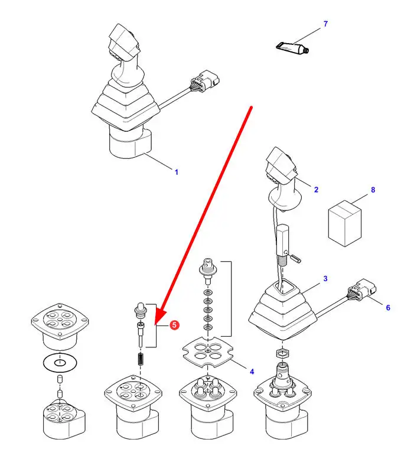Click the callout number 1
pyautogui.click(x=176, y=172)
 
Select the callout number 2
pyautogui.click(x=316, y=190)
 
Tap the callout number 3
pyautogui.click(x=325, y=278)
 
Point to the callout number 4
pyautogui.click(x=252, y=372)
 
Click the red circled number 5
pyautogui.click(x=174, y=324)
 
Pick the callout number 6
pyautogui.click(x=388, y=307)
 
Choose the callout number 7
pyautogui.click(x=325, y=24)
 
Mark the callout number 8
pyautogui.click(x=373, y=190)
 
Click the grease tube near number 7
pyautogui.click(x=291, y=47)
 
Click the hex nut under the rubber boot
pyautogui.click(x=281, y=353)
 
